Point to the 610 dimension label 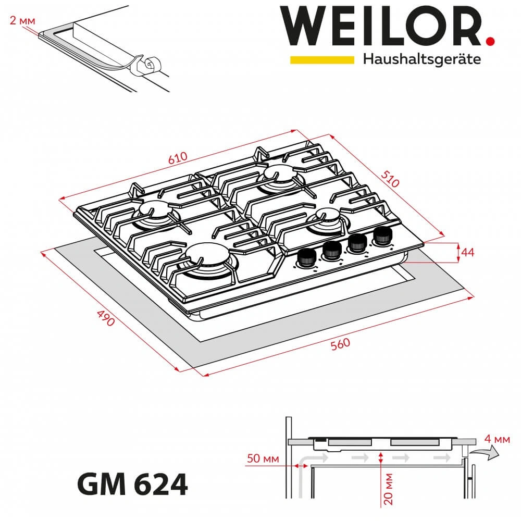[178, 158]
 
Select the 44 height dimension [467, 253]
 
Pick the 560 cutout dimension [340, 345]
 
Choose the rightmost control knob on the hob [383, 236]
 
